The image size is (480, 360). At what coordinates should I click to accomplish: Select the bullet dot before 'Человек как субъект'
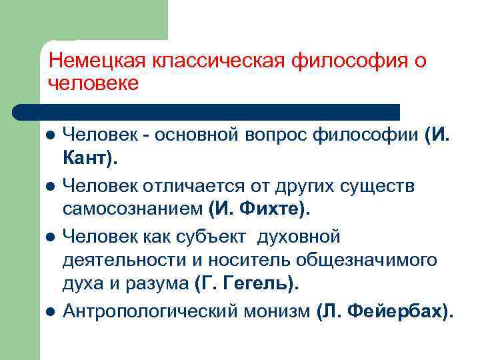click(x=50, y=237)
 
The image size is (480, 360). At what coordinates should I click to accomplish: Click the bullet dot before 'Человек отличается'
click(x=50, y=187)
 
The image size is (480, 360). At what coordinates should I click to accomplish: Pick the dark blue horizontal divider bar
click(x=207, y=111)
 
